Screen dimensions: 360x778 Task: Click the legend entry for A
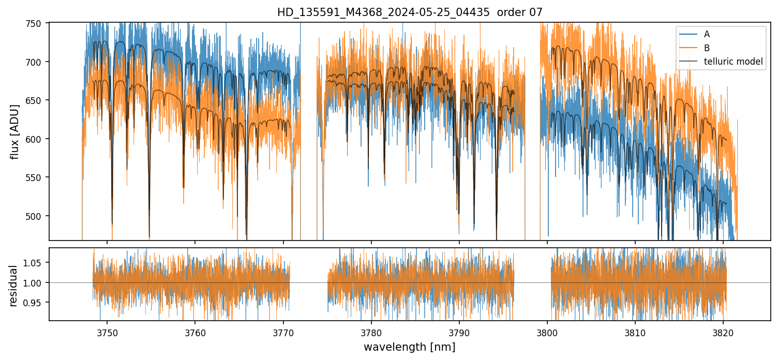pyautogui.click(x=707, y=34)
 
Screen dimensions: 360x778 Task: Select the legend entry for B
pyautogui.click(x=707, y=48)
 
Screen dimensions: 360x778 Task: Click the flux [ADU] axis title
pyautogui.click(x=15, y=131)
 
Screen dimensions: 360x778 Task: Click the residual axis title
pyautogui.click(x=14, y=286)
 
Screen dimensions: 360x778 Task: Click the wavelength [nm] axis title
pyautogui.click(x=410, y=347)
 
